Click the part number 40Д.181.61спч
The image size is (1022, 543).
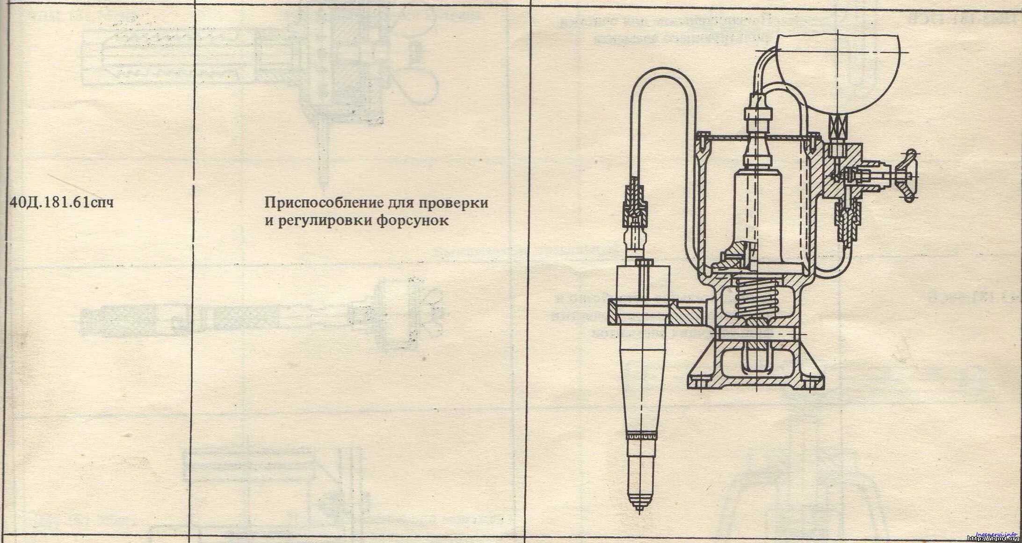click(61, 204)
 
